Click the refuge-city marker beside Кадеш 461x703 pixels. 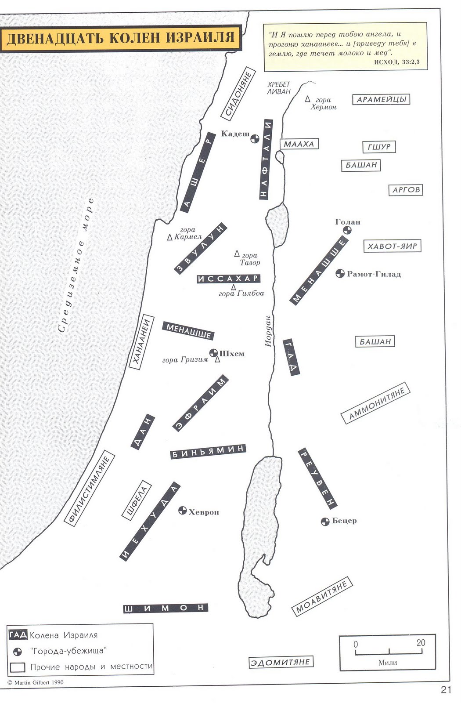tap(255, 138)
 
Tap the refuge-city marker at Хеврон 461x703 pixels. tap(183, 511)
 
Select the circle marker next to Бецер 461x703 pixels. tap(325, 522)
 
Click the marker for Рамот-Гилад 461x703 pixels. tap(340, 274)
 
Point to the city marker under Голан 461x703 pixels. tap(347, 230)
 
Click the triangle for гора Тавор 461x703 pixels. tap(237, 253)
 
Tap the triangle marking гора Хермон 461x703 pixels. tap(308, 99)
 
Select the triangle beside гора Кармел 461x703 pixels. tap(169, 237)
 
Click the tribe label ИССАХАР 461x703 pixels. tap(229, 279)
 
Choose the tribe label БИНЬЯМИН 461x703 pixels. tap(208, 452)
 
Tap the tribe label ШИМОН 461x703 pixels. tap(165, 608)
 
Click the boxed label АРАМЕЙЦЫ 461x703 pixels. tap(381, 99)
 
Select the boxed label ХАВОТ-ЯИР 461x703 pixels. tap(392, 246)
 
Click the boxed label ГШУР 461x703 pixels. tap(379, 147)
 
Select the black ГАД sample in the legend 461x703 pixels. tap(18, 634)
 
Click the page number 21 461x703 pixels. tap(446, 689)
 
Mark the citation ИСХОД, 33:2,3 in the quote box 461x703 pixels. tap(397, 62)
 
